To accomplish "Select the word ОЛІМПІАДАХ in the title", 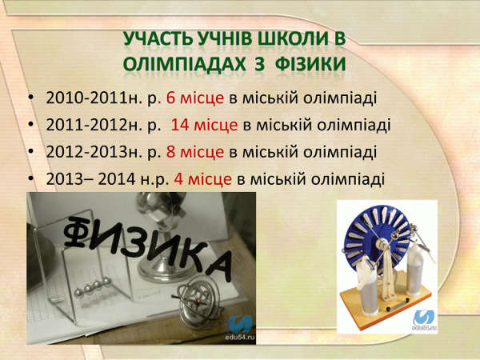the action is [184, 65].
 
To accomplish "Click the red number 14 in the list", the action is [180, 125].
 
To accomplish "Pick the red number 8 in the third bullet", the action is [170, 152].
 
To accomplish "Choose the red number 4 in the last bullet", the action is [178, 179].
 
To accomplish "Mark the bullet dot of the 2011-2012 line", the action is [30, 125].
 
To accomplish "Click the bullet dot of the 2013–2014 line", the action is [30, 178].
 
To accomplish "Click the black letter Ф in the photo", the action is [77, 231].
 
